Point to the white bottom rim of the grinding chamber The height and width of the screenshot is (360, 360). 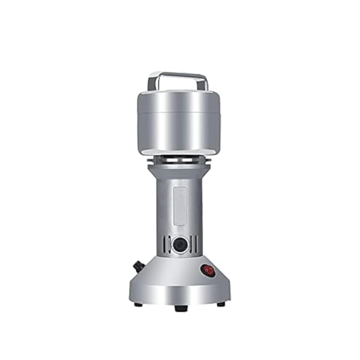(x=178, y=152)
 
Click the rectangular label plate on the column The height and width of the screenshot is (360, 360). (x=179, y=206)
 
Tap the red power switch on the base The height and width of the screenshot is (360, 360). (x=208, y=271)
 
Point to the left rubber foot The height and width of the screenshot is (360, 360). (x=139, y=304)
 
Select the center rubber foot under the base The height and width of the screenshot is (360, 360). (x=181, y=308)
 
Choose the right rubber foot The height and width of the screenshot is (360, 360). (x=221, y=304)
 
